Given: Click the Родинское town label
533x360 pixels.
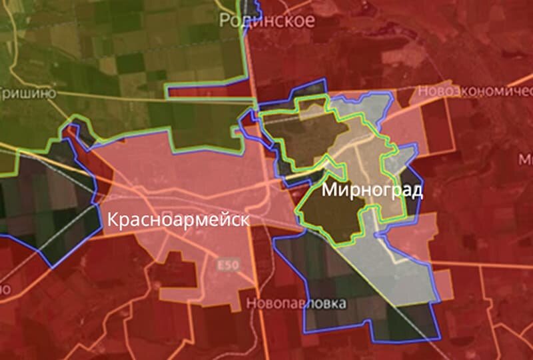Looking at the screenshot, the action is pyautogui.click(x=267, y=20).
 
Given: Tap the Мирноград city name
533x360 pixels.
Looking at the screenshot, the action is pyautogui.click(x=372, y=191).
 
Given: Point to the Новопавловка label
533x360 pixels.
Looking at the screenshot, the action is pyautogui.click(x=296, y=304).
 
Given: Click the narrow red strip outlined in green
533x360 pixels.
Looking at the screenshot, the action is pyautogui.click(x=207, y=89).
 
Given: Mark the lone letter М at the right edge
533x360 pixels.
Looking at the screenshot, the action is pyautogui.click(x=526, y=160).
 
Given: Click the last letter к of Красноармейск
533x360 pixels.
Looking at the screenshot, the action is pyautogui.click(x=245, y=219).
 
